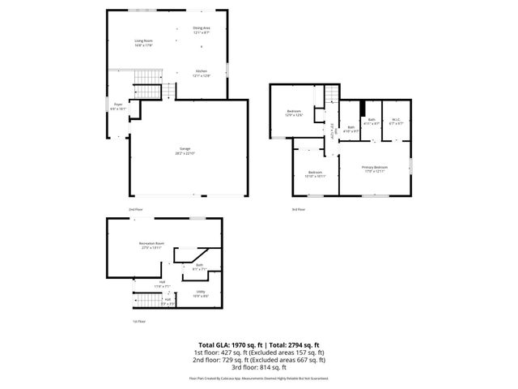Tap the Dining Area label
(202, 30)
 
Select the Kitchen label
(202, 73)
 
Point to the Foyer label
(118, 106)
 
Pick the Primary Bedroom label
(374, 169)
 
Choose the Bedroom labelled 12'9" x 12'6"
(293, 113)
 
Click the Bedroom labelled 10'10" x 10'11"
(315, 173)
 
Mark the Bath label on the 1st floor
(199, 267)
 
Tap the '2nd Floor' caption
(135, 210)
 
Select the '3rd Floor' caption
(299, 210)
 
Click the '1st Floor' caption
(139, 322)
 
